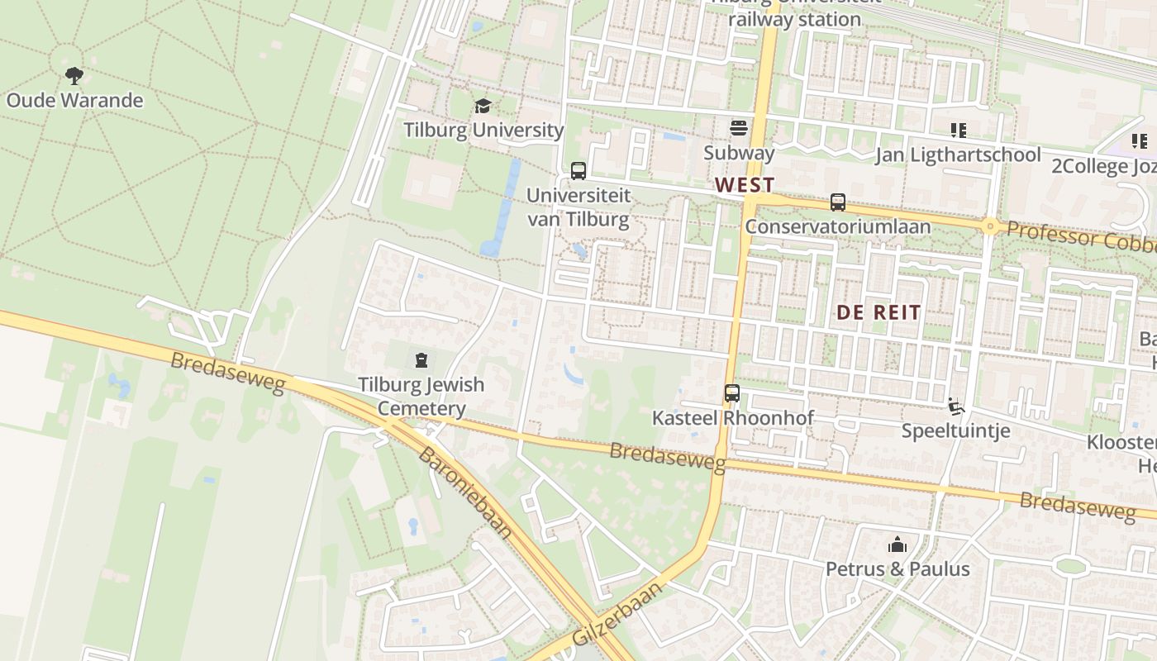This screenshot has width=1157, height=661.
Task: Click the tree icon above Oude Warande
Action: (x=74, y=76)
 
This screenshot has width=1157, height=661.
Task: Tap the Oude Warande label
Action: (x=74, y=101)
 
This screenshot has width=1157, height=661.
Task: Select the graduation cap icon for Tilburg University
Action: (x=483, y=106)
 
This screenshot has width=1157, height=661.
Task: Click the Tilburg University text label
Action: (x=483, y=130)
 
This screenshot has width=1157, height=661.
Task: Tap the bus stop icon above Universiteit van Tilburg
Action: (x=578, y=171)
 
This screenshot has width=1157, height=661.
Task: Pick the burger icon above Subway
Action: (x=739, y=127)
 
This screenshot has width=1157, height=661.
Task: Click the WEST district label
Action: (x=745, y=184)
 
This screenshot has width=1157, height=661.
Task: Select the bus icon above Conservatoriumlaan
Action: (x=838, y=202)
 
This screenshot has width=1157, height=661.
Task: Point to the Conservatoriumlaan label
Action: (x=838, y=226)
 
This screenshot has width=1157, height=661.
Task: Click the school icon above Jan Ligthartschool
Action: (x=959, y=130)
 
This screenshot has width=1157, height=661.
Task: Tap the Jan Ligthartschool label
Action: (x=959, y=155)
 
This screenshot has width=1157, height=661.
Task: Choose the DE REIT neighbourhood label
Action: (x=878, y=312)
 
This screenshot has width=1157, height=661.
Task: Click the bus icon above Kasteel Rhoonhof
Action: (x=732, y=393)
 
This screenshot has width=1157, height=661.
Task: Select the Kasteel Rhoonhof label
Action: (x=733, y=418)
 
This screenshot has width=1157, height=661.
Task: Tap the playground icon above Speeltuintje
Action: (x=956, y=406)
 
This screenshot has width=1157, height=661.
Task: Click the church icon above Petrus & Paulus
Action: (x=898, y=544)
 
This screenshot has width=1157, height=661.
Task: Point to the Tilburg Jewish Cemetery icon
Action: (x=421, y=360)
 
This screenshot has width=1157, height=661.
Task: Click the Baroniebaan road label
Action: (x=465, y=493)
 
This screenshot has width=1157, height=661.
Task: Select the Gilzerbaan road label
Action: (x=617, y=614)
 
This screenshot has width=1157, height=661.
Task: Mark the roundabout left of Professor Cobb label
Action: (x=989, y=226)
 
